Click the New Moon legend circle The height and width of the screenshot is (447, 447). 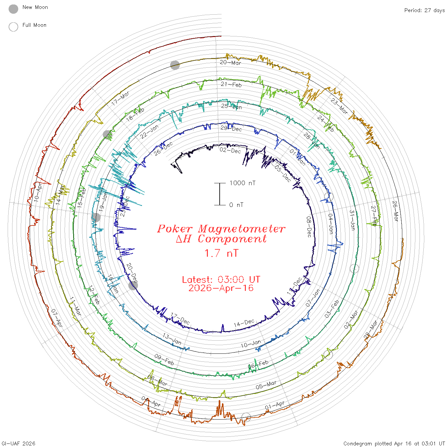coord(13,9)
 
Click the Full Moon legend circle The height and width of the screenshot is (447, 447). coord(13,27)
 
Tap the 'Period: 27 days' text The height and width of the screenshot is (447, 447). coord(424,11)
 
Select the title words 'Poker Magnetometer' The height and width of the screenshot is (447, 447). coord(221,229)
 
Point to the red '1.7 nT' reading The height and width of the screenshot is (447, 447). coord(221,254)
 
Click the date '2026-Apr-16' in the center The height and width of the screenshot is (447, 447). coord(221,288)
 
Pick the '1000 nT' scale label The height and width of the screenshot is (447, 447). coord(243,183)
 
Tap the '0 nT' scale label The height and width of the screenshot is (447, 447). coord(236,205)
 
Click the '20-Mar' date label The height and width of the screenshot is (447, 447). coord(231,63)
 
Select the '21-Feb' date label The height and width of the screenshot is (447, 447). coord(231,85)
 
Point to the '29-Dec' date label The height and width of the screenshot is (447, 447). coord(231,128)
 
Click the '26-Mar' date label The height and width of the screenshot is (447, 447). coord(395,211)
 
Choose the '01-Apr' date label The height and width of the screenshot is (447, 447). coord(275,405)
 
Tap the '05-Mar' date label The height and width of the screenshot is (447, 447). coord(266,385)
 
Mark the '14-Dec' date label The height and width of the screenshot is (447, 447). coord(244,323)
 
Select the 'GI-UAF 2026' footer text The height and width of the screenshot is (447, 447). coord(18,443)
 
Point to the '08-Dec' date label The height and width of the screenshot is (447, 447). coord(309,227)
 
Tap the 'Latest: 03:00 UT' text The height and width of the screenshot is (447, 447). coord(221,280)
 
